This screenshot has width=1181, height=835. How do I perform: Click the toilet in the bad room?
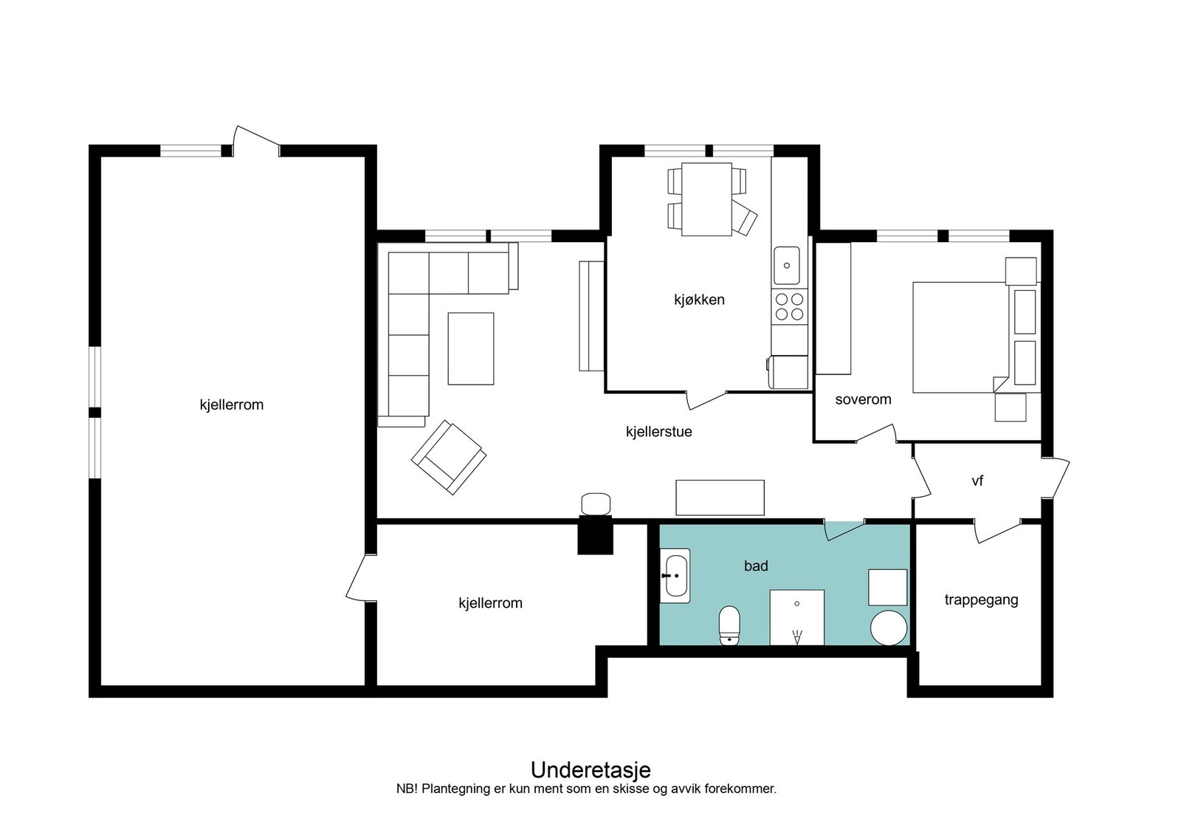[x=729, y=625]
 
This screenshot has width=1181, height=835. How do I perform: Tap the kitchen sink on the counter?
[x=786, y=265]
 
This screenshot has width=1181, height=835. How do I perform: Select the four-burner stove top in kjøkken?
[x=789, y=307]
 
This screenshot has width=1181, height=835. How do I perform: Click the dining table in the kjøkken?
[x=706, y=199]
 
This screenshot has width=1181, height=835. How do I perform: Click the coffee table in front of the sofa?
[x=471, y=348]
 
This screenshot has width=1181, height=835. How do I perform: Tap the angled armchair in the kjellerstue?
[x=449, y=457]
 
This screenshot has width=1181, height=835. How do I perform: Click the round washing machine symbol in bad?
[x=889, y=628]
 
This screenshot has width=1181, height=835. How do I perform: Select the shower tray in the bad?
[x=796, y=617]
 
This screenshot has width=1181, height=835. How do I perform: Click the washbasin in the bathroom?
[x=675, y=576]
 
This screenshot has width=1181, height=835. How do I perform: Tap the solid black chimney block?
[x=595, y=535]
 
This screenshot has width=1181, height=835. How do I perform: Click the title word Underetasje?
[x=590, y=769]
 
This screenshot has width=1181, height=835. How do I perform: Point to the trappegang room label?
[x=981, y=599]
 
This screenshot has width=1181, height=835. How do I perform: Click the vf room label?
[x=977, y=481]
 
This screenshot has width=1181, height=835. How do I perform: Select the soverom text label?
[x=863, y=399]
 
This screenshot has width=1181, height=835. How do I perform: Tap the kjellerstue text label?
[x=658, y=431]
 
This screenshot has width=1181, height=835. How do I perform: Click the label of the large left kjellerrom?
[x=232, y=405]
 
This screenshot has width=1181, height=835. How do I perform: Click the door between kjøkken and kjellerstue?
[x=706, y=400]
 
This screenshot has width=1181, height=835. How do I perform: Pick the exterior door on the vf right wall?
[x=1056, y=478]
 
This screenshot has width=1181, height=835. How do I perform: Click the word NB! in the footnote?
[x=407, y=789]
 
